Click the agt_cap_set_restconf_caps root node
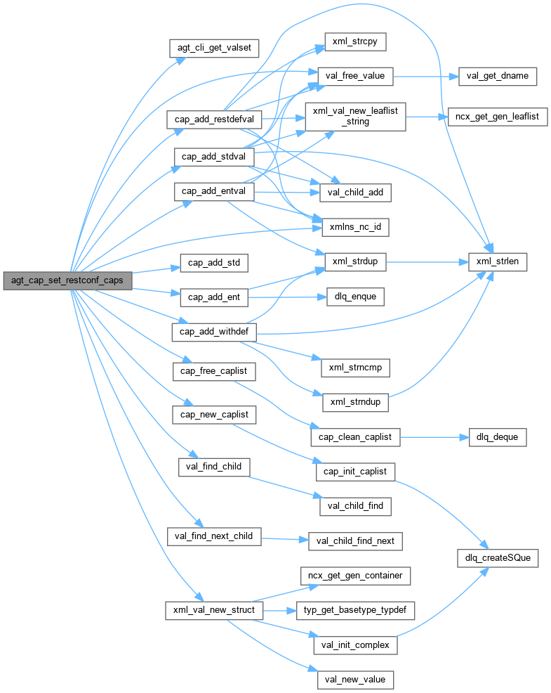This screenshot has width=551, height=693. click(67, 280)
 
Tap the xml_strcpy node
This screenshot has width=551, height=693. click(354, 41)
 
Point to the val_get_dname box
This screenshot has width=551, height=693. click(498, 76)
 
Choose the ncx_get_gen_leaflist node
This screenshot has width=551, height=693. click(497, 117)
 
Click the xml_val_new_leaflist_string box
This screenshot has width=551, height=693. click(355, 116)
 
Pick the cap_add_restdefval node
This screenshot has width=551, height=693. click(213, 119)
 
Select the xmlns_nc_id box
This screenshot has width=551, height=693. click(354, 227)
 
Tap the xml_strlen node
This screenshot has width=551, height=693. click(498, 261)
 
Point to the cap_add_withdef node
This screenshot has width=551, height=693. click(213, 331)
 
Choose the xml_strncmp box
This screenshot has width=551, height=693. click(355, 366)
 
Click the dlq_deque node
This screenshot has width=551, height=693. click(497, 436)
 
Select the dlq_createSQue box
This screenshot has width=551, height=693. click(497, 558)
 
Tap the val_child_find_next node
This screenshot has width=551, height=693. click(355, 540)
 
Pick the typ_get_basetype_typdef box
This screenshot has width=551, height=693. click(355, 610)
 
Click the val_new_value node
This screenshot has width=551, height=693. click(355, 680)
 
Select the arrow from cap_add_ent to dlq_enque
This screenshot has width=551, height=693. click(287, 297)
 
